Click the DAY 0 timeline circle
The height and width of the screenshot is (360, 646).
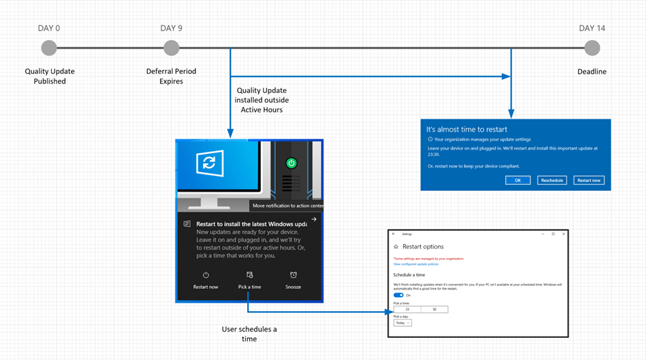pyautogui.click(x=49, y=48)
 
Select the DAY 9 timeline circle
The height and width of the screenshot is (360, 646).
pyautogui.click(x=171, y=48)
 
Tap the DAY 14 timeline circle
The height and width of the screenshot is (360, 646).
pyautogui.click(x=591, y=48)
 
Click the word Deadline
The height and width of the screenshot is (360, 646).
pyautogui.click(x=591, y=71)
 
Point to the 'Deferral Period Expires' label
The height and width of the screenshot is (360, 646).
pyautogui.click(x=171, y=76)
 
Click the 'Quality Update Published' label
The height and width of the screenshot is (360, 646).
pyautogui.click(x=50, y=76)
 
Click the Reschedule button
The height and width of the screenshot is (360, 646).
pyautogui.click(x=552, y=180)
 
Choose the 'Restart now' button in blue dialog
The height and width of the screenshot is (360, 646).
pyautogui.click(x=589, y=180)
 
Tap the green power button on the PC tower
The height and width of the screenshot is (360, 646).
pyautogui.click(x=291, y=163)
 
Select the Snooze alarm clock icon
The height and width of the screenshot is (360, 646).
pyautogui.click(x=293, y=275)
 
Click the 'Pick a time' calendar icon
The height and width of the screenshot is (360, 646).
pyautogui.click(x=249, y=275)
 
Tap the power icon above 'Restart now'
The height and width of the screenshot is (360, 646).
pyautogui.click(x=206, y=275)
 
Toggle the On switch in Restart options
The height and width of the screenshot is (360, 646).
pyautogui.click(x=398, y=295)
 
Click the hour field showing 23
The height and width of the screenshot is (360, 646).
pyautogui.click(x=407, y=310)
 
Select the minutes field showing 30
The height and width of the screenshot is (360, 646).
pyautogui.click(x=434, y=310)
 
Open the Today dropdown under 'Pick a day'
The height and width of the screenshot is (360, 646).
pyautogui.click(x=402, y=323)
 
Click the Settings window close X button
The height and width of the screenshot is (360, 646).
pyautogui.click(x=562, y=234)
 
